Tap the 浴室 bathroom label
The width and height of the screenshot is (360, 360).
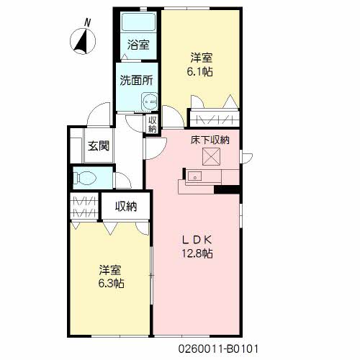click(x=139, y=45)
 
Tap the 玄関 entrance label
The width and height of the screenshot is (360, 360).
click(x=99, y=146)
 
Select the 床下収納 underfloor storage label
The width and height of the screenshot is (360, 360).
click(x=210, y=140)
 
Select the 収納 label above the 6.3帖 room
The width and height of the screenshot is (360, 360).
click(x=126, y=207)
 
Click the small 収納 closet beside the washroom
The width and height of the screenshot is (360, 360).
click(x=153, y=124)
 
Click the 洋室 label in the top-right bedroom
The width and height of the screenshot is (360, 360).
click(x=202, y=58)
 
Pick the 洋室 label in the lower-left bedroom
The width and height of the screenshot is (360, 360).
click(x=110, y=270)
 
